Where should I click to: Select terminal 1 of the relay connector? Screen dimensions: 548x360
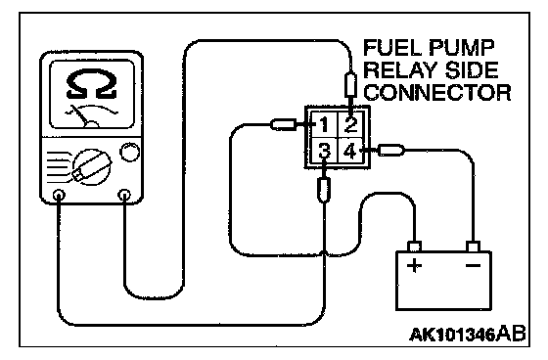point(324,125)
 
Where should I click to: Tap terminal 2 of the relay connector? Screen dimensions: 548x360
point(350,125)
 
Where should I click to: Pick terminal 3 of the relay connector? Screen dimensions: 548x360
point(324,151)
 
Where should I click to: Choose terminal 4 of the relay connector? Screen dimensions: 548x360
point(350,151)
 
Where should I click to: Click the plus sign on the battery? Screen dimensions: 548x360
point(414,265)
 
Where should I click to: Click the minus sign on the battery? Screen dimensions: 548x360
point(473,266)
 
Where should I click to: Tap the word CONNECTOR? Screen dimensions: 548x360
point(437,93)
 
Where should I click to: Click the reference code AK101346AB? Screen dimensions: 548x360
point(468,335)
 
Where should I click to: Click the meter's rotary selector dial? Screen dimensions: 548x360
point(92,166)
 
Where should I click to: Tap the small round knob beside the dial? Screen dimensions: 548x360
point(129,152)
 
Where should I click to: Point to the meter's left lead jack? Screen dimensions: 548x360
point(59,195)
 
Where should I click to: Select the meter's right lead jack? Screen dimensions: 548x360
point(124,195)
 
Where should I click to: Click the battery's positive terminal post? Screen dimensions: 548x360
point(415,247)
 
